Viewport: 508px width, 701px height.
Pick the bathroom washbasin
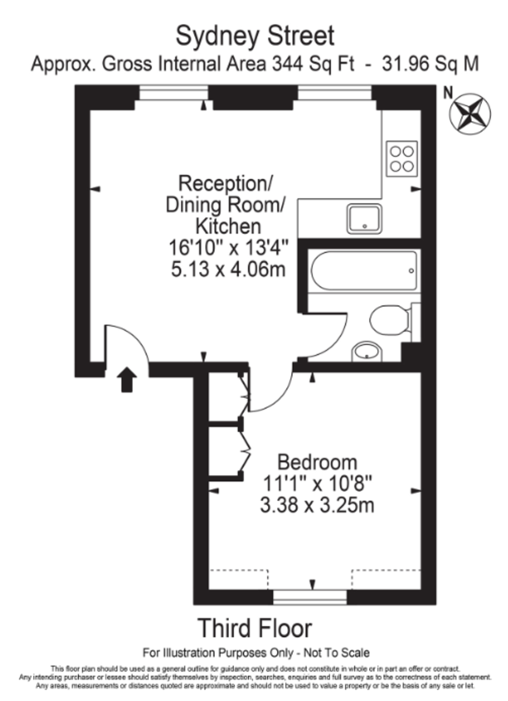point(367,352)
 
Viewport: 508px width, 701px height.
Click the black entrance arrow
point(127,380)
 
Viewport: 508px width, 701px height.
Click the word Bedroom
point(317,462)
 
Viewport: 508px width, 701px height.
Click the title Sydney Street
point(255,36)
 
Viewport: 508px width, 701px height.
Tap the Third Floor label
point(255,629)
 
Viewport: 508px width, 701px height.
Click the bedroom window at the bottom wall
point(310,597)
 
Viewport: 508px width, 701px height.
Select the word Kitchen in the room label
point(227,225)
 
